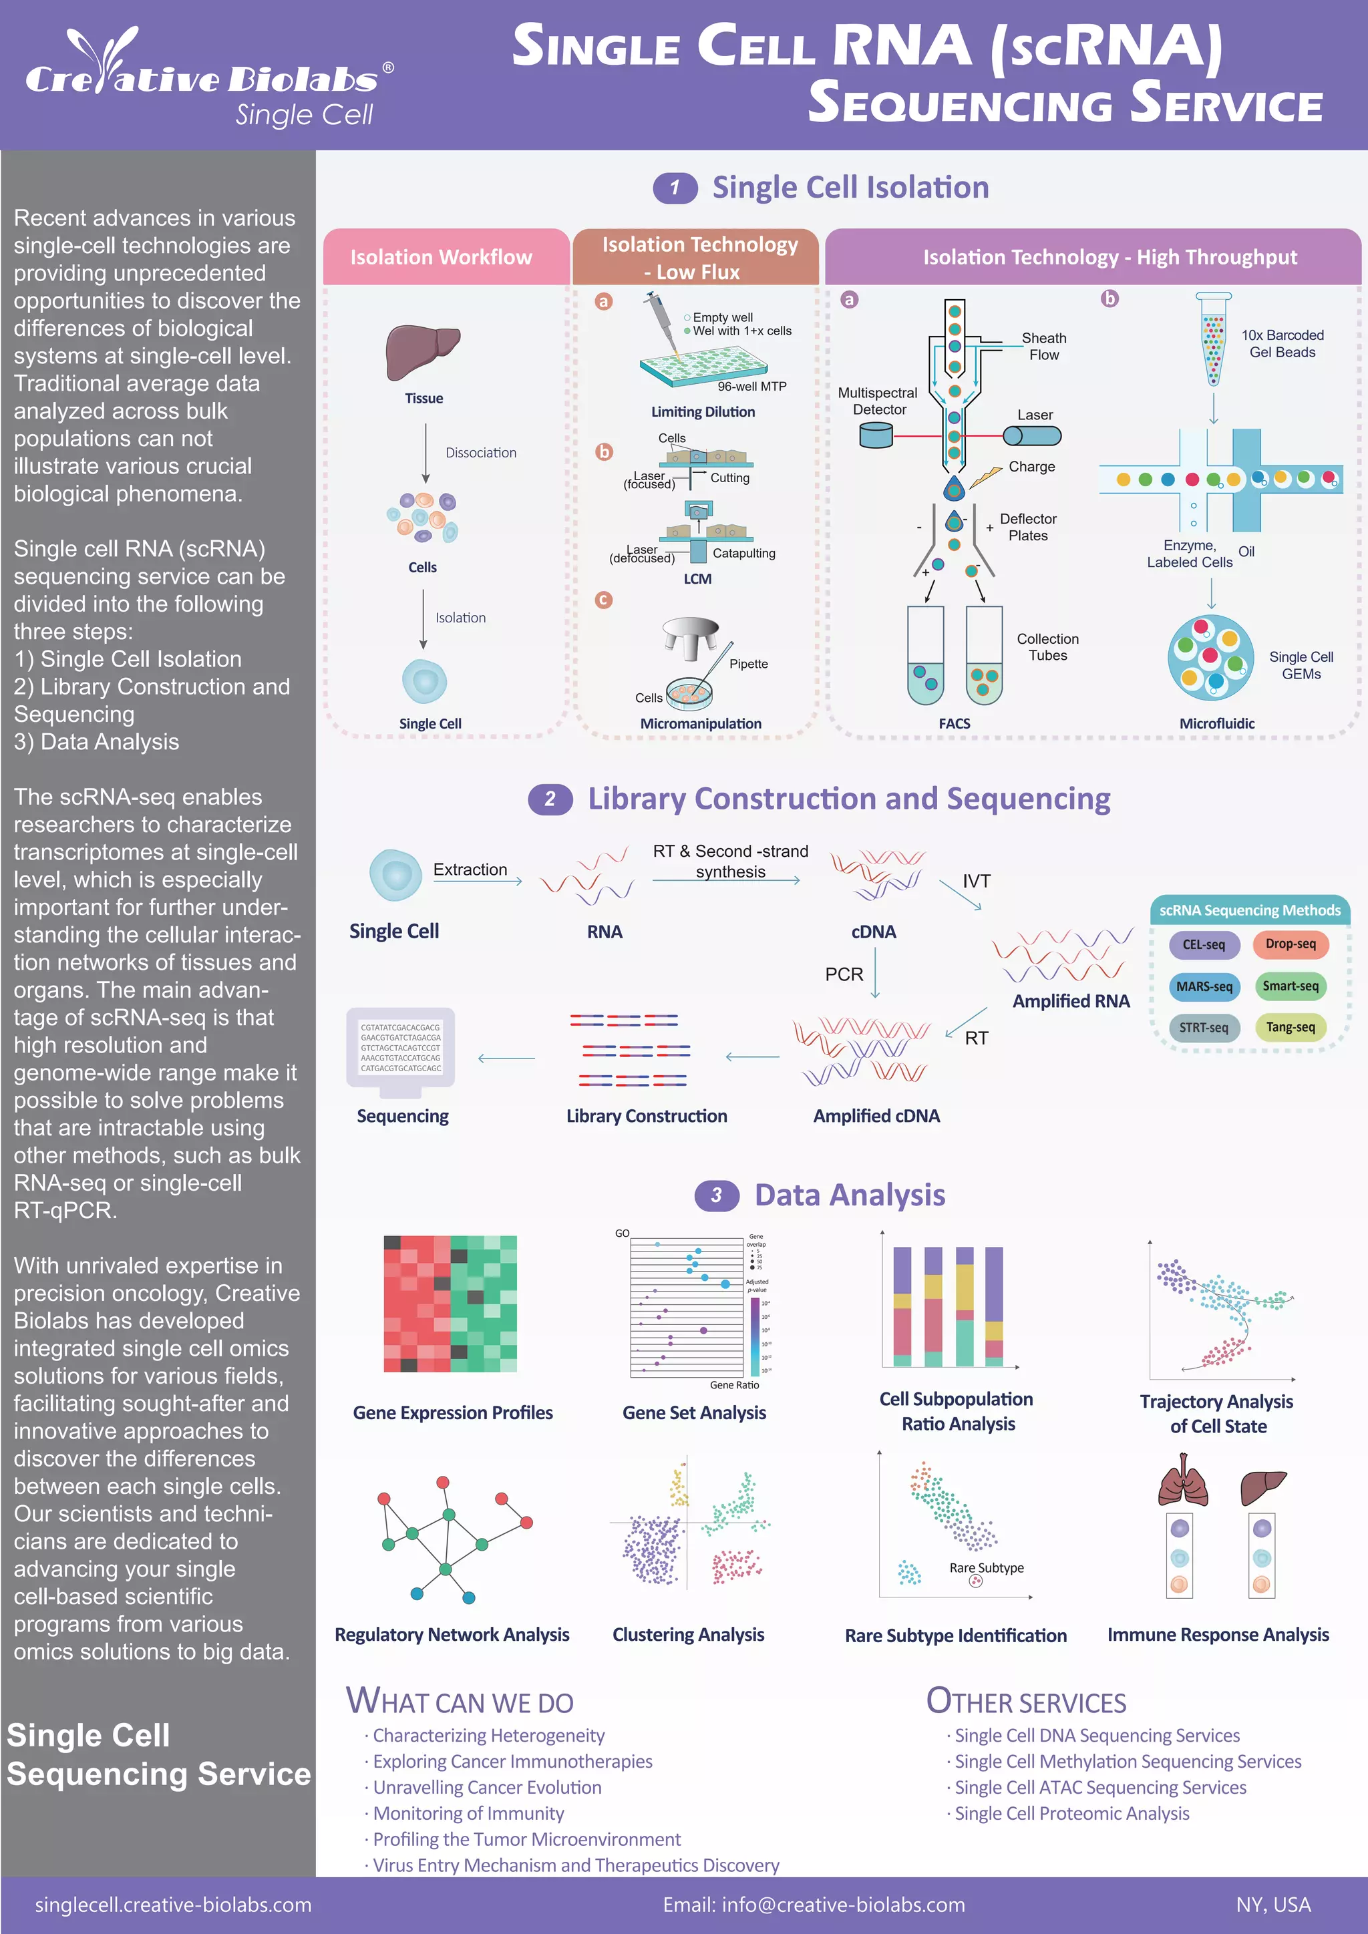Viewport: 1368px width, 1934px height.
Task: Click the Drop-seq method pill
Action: [1290, 944]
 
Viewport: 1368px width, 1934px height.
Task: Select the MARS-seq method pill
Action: [1204, 986]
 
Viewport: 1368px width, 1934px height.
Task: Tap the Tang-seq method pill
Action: [1290, 1028]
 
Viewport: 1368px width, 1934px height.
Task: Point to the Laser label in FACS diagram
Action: [1035, 415]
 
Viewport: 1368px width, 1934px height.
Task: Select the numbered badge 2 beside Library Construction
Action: [550, 799]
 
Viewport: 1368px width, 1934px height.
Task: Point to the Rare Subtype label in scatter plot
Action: [987, 1567]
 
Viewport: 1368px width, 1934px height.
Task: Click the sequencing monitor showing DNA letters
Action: [400, 1051]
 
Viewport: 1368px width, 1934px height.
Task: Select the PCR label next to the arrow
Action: [844, 974]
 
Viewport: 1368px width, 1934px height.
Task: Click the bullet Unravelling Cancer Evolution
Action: [487, 1788]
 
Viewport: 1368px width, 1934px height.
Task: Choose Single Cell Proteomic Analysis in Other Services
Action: [1071, 1814]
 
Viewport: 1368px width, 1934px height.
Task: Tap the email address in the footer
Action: [814, 1905]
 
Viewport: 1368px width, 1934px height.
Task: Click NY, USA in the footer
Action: [1272, 1905]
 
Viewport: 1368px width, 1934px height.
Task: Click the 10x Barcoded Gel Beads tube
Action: [1213, 338]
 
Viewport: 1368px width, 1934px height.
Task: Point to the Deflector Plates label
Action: [1028, 528]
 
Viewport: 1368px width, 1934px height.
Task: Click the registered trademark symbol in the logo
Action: [388, 67]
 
